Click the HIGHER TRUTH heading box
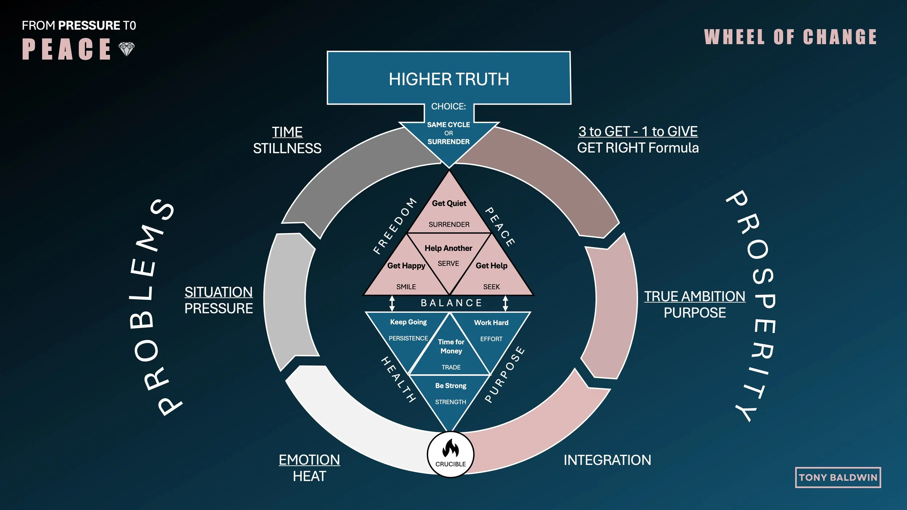pyautogui.click(x=449, y=78)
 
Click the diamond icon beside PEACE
pyautogui.click(x=127, y=49)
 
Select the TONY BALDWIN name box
pyautogui.click(x=838, y=477)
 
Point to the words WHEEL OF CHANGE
pyautogui.click(x=790, y=37)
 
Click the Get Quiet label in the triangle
pyautogui.click(x=449, y=203)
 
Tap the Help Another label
pyautogui.click(x=448, y=248)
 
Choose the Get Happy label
pyautogui.click(x=406, y=266)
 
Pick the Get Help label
pyautogui.click(x=491, y=266)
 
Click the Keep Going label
pyautogui.click(x=408, y=322)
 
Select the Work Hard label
pyautogui.click(x=491, y=322)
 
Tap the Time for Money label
pyautogui.click(x=451, y=346)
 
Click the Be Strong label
pyautogui.click(x=451, y=386)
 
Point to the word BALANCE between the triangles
pyautogui.click(x=451, y=303)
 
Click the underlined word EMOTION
pyautogui.click(x=309, y=460)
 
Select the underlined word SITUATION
pyautogui.click(x=218, y=292)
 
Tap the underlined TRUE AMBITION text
pyautogui.click(x=694, y=296)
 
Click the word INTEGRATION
pyautogui.click(x=607, y=460)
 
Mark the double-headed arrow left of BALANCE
pyautogui.click(x=392, y=303)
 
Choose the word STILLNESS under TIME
pyautogui.click(x=287, y=148)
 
